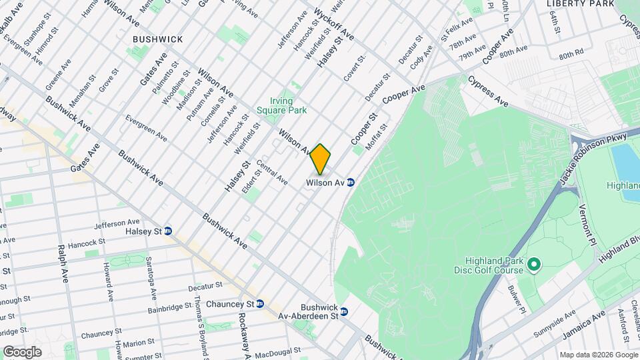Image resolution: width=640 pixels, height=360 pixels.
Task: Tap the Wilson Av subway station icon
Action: [350, 182]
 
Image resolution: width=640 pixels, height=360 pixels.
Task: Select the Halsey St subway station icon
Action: [168, 231]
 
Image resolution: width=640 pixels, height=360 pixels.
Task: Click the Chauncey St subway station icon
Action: [260, 304]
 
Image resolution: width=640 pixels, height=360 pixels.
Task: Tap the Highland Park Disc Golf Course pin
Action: [533, 266]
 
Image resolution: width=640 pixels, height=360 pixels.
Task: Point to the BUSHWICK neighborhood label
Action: [157, 39]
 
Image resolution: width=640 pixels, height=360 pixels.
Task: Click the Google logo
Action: [22, 352]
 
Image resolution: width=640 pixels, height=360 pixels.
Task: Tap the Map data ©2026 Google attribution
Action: [598, 355]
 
